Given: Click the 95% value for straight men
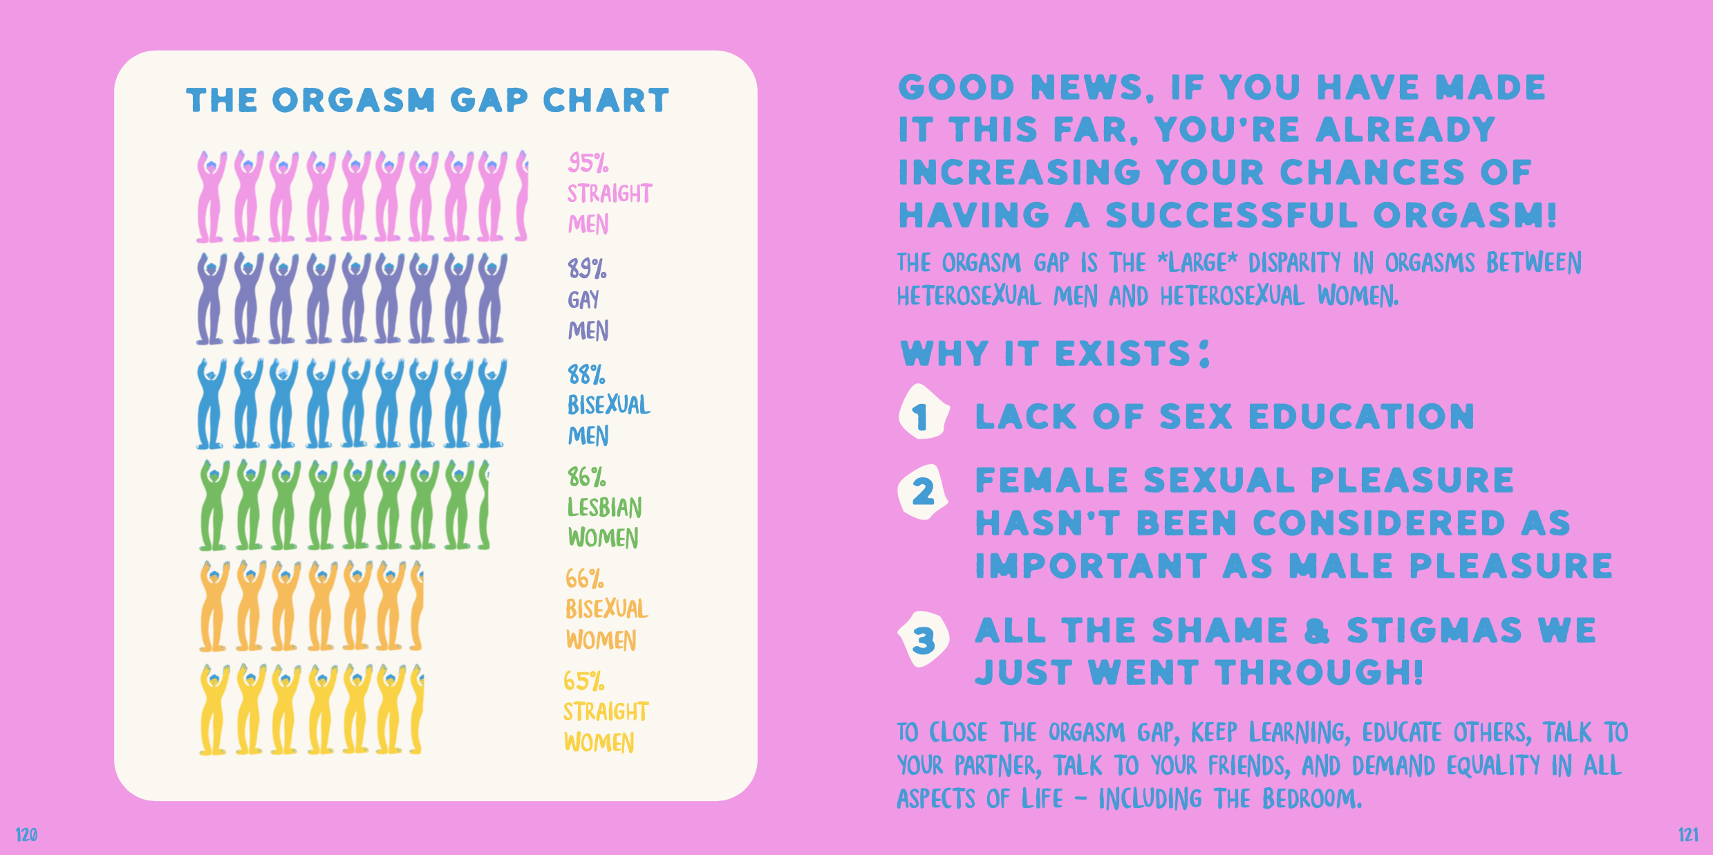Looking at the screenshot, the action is coord(588,163).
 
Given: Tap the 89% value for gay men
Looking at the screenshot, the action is coord(587,268).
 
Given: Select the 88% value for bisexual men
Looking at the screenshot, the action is coord(586,374).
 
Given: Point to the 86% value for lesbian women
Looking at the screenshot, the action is coord(586,477).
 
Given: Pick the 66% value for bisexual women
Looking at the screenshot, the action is coord(585,578).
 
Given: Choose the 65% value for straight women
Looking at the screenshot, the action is coord(584,681).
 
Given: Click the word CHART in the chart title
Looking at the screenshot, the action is coord(606,100).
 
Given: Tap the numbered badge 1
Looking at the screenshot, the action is coord(923,412).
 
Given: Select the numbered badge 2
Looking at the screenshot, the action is coord(924,493).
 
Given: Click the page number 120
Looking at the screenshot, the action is coord(26,835).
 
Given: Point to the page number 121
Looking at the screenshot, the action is coord(1688,835).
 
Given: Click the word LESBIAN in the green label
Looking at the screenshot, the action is coord(605,507).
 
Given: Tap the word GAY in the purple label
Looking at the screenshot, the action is coord(583,300).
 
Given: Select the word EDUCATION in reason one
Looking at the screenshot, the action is coord(1361,416).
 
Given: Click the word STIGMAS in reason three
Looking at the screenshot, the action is coord(1434,630).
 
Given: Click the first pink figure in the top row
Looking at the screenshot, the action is coord(211,196).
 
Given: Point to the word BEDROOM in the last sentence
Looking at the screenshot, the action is coord(1311,799).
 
